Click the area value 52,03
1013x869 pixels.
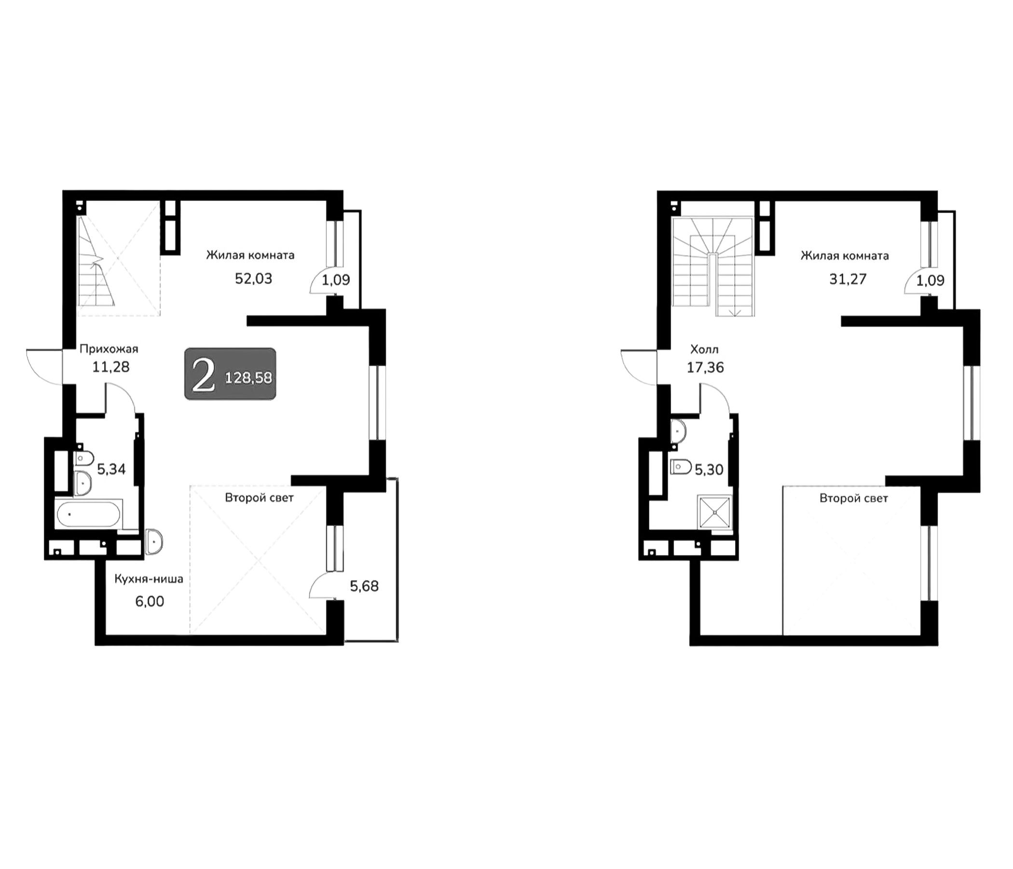253,279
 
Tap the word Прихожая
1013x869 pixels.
109,349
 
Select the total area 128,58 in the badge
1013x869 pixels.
248,378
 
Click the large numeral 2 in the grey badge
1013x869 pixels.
204,375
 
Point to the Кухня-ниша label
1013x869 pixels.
149,579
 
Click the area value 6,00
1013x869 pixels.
150,602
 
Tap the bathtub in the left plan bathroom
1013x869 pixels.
88,514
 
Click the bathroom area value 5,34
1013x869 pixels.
111,469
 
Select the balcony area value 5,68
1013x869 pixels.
364,586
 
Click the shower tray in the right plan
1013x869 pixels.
715,512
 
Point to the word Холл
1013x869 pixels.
704,350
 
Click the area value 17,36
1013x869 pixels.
705,367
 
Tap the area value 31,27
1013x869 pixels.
848,279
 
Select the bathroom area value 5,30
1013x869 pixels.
709,470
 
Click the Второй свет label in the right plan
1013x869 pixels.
854,498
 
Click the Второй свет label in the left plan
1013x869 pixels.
259,498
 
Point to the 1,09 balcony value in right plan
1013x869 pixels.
931,280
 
